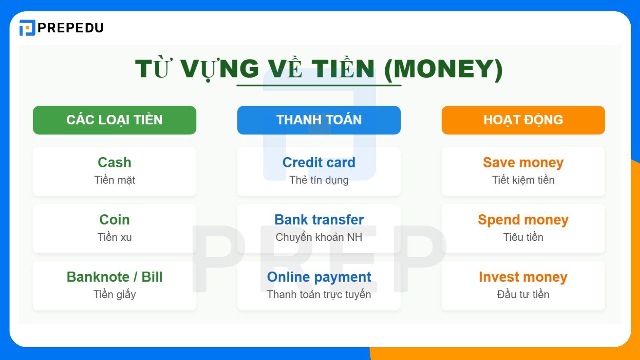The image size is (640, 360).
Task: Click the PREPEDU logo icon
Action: (x=27, y=28)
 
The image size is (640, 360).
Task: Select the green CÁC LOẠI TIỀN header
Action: (x=114, y=120)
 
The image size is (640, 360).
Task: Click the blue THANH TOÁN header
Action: (x=319, y=120)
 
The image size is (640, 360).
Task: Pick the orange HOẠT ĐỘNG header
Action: (x=523, y=120)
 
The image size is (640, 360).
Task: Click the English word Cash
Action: (x=114, y=162)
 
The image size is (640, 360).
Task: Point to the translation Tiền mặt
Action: (x=114, y=180)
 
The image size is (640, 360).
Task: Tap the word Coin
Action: (x=114, y=220)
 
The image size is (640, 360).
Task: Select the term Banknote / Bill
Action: (x=114, y=277)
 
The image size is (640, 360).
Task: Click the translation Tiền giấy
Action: (x=114, y=295)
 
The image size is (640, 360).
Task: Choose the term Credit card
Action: (x=319, y=162)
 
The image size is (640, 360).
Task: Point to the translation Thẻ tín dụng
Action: (x=319, y=180)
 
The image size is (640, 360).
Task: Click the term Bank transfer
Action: (x=319, y=220)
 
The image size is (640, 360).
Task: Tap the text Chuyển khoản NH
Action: (x=319, y=237)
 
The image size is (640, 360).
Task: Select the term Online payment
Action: (x=319, y=277)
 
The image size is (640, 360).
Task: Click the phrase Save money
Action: (x=523, y=162)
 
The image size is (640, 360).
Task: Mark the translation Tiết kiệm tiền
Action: (x=523, y=180)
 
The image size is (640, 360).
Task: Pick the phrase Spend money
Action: (x=523, y=220)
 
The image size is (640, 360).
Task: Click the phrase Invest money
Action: (x=523, y=277)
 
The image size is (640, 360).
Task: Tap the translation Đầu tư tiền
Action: (x=523, y=294)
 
